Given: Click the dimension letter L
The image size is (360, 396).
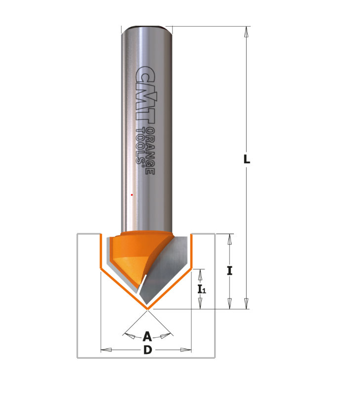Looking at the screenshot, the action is coord(246,159).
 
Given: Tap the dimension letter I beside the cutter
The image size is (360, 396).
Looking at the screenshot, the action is coord(229,271).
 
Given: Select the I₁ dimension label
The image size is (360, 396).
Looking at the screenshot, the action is coord(202,289).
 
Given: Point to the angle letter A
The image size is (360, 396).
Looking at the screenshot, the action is coord(147,337).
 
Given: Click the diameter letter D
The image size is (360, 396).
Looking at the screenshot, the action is coord(148,350).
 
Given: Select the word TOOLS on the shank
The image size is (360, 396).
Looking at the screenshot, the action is coord(140,147).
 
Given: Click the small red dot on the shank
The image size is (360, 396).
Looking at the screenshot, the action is coord(132,195).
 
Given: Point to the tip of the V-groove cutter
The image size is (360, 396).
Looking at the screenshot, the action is coord(147,308).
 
